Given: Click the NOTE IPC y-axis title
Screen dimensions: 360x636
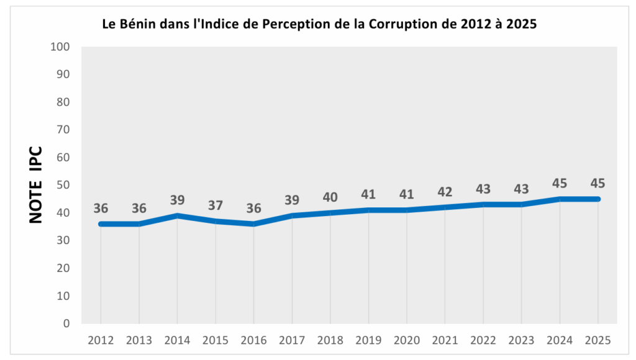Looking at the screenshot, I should point(36,185).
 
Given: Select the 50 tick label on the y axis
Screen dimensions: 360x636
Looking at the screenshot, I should point(64,185).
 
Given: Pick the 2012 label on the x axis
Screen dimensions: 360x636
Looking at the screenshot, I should point(101,340).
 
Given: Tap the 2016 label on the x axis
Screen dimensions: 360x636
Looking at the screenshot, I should point(253,340).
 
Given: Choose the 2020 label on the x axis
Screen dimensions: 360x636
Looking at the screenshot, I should point(407,340).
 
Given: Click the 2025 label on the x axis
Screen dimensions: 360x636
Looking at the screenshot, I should point(597,340).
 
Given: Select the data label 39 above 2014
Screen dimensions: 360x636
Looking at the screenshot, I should point(177,200).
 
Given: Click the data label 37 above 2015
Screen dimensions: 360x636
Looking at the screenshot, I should point(216,205).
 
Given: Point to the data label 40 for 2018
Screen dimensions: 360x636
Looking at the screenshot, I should point(330,197).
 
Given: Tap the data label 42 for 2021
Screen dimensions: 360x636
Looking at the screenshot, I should point(445,192).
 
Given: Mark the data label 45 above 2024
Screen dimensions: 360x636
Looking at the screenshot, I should point(560,184).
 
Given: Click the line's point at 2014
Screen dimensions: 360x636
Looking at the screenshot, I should point(177,215).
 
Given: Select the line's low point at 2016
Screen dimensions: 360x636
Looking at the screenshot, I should point(253,223).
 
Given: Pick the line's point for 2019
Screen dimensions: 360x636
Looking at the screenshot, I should point(368,210).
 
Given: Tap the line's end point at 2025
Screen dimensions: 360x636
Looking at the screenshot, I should point(597,199).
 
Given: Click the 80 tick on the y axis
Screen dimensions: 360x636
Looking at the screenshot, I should point(64,102).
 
